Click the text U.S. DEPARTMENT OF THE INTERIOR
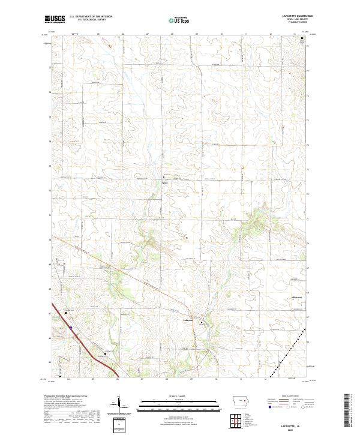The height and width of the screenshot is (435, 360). [91, 16]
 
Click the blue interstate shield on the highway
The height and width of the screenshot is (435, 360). [70, 328]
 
